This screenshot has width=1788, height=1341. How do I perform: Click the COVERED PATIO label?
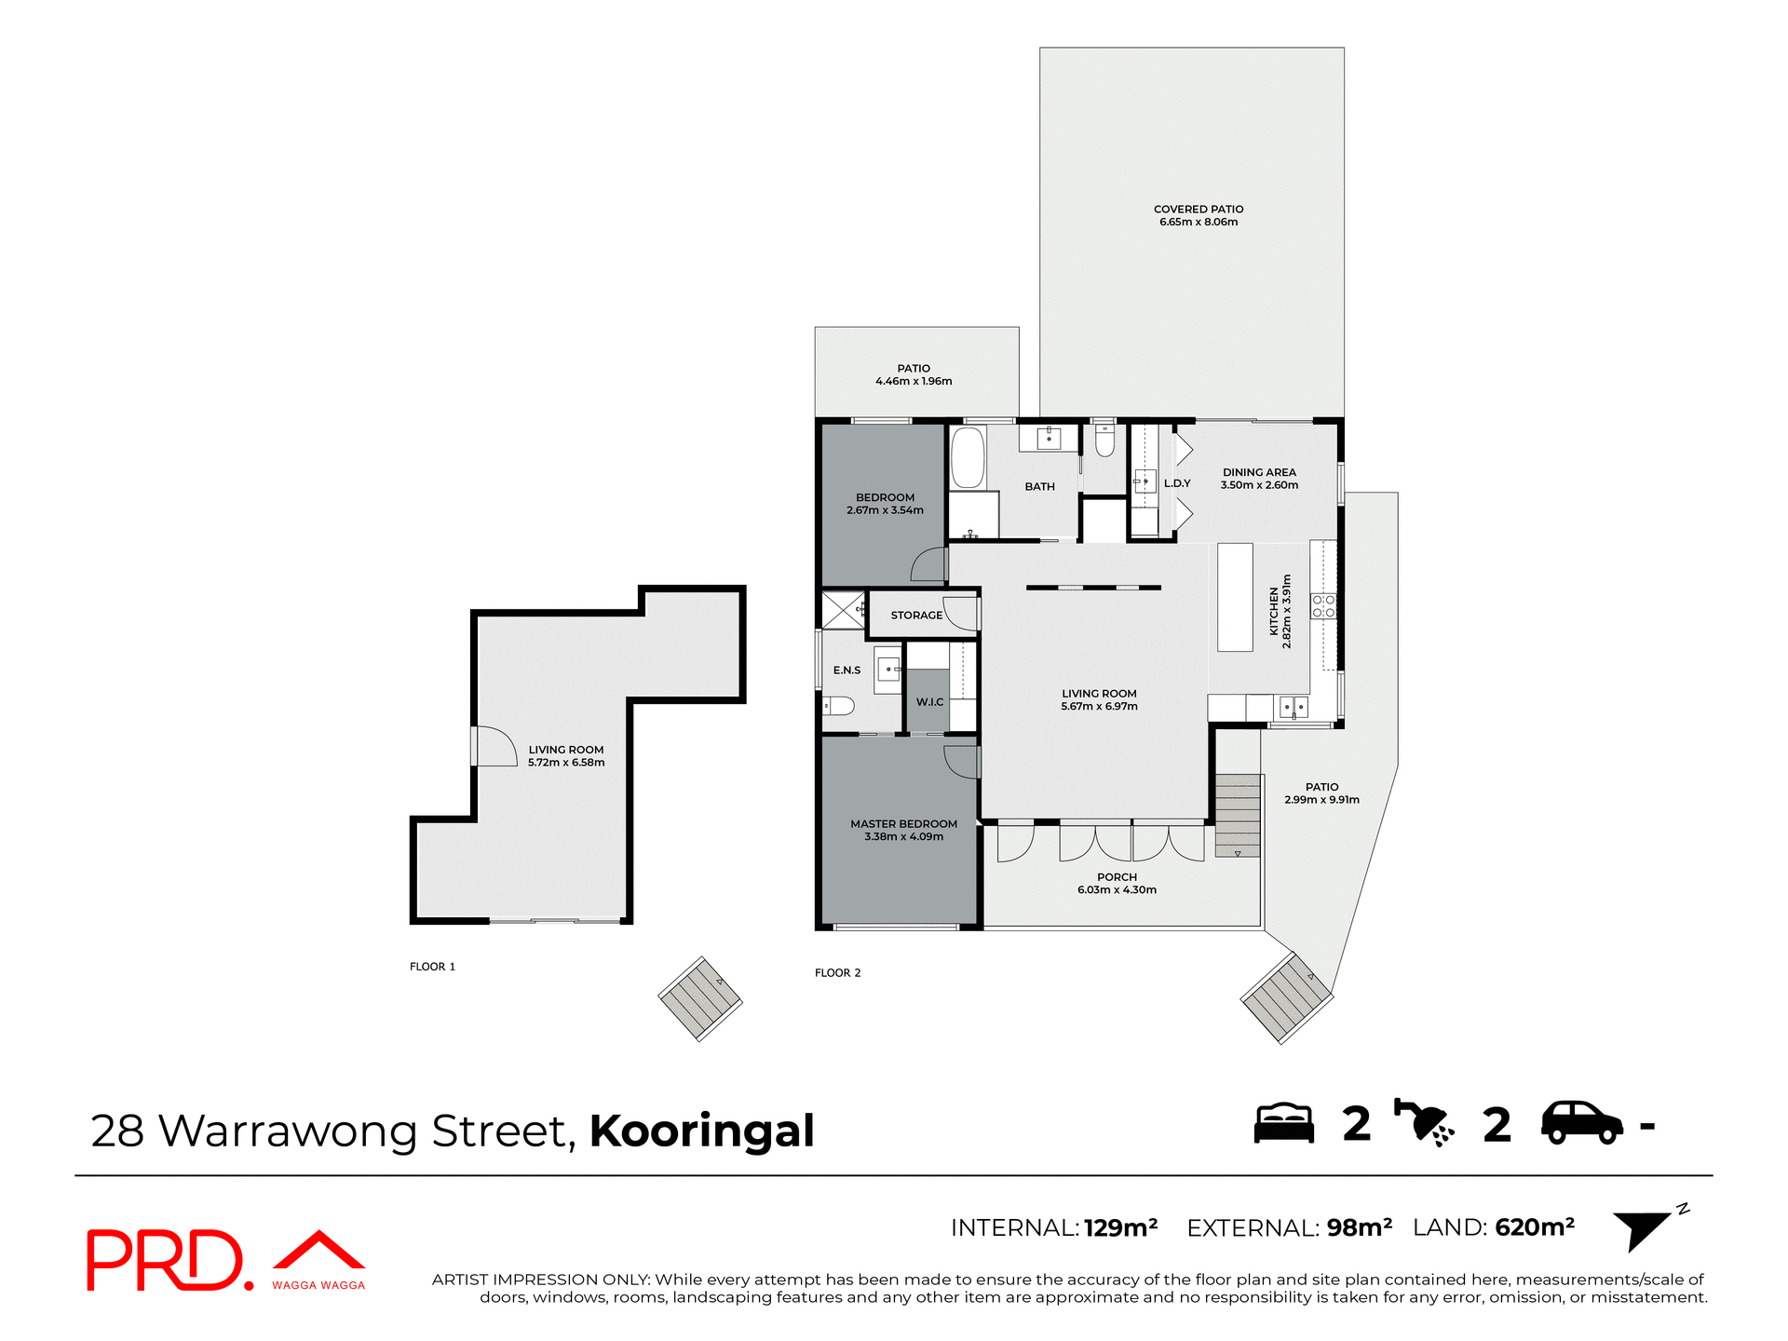pos(1199,210)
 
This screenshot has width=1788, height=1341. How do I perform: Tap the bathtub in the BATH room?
pos(968,457)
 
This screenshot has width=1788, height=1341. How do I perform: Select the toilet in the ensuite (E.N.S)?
pos(839,706)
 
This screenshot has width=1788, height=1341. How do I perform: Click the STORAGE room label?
pos(916,616)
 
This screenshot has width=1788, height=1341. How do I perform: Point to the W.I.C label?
pos(929,702)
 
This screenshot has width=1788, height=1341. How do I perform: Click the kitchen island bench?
pos(1235,597)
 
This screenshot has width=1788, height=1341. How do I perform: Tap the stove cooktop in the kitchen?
pos(1323,606)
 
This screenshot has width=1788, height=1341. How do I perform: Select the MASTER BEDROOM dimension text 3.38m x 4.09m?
pos(903,837)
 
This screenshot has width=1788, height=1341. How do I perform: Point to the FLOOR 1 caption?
pos(432,967)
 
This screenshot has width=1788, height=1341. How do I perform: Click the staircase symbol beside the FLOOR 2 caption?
pos(700,998)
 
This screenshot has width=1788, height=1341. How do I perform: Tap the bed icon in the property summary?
pos(1283,1123)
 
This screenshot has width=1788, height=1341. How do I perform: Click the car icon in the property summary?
pos(1581,1123)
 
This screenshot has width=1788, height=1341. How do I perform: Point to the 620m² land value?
pos(1534,1227)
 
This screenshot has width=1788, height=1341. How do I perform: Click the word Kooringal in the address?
pos(701,1131)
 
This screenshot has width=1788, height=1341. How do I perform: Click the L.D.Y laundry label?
pos(1177,483)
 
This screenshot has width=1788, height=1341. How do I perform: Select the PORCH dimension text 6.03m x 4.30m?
pos(1117,890)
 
